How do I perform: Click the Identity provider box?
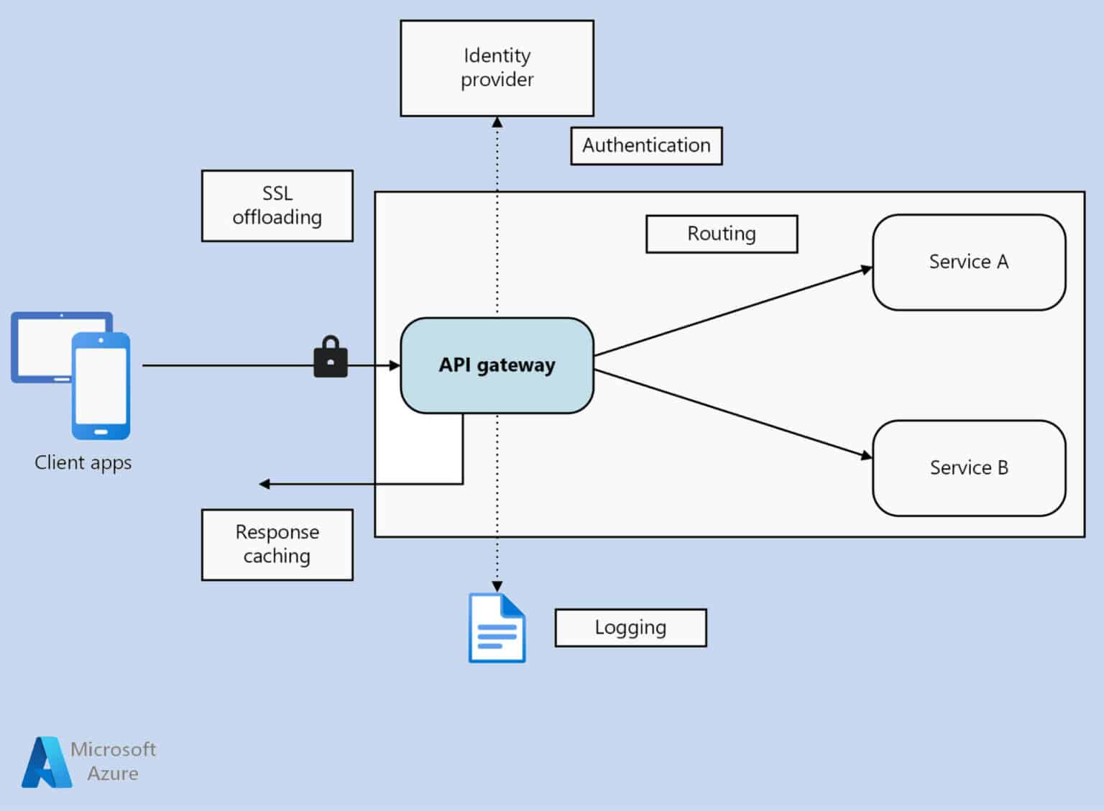coord(497,68)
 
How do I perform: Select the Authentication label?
coord(646,146)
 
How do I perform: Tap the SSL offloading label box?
coord(277,206)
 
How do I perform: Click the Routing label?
coord(722,234)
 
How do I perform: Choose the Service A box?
coord(968,262)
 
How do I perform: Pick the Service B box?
coord(968,468)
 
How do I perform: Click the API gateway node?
coord(497,365)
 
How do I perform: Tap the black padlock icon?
coord(331,357)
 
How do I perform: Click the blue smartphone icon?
coord(101,386)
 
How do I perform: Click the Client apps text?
coord(83,463)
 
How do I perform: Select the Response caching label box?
coord(277,544)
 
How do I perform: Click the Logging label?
coord(630,628)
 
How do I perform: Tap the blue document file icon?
coord(497,628)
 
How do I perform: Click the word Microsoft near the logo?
coord(113,749)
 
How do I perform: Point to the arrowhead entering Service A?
coord(867,270)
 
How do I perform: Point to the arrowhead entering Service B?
coord(867,455)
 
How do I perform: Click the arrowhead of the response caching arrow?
coord(264,484)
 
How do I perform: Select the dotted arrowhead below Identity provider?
coord(497,122)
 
